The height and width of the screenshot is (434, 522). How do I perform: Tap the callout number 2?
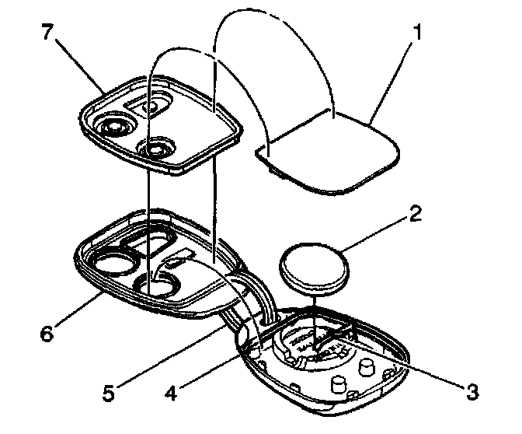[x=416, y=212]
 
